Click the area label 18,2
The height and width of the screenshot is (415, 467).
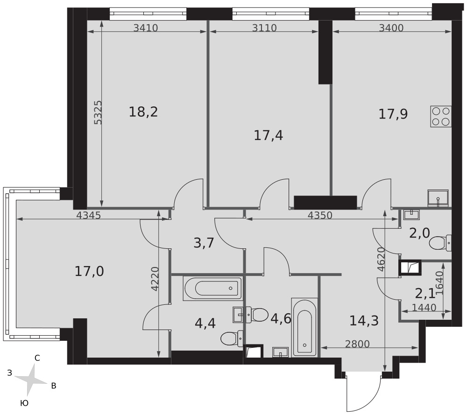pos(143,112)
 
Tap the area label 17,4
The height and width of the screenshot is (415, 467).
pos(269,135)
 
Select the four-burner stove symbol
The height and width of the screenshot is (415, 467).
pos(441,116)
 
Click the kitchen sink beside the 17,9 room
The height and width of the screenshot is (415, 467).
pos(438,198)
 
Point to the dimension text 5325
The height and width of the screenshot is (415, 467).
pos(98,112)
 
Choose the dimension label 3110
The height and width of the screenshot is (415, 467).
pos(264,28)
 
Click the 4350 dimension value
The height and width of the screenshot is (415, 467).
pos(320,215)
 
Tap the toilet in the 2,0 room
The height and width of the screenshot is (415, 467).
pos(440,243)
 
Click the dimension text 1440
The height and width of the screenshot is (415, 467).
pos(424,308)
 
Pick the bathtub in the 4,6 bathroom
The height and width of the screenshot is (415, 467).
pos(304,327)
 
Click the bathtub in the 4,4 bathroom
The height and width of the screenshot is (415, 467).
pos(213,288)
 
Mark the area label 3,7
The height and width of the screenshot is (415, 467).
pos(204,243)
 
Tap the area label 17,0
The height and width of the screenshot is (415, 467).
pos(89,271)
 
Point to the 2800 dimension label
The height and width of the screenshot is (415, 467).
pos(357,344)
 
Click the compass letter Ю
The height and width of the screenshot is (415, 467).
pos(24,403)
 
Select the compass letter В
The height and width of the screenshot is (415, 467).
pos(54,386)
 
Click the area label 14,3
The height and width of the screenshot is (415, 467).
pos(364,321)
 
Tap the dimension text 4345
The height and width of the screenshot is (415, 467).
pos(88,215)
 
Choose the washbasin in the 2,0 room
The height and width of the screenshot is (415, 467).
pos(411,215)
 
